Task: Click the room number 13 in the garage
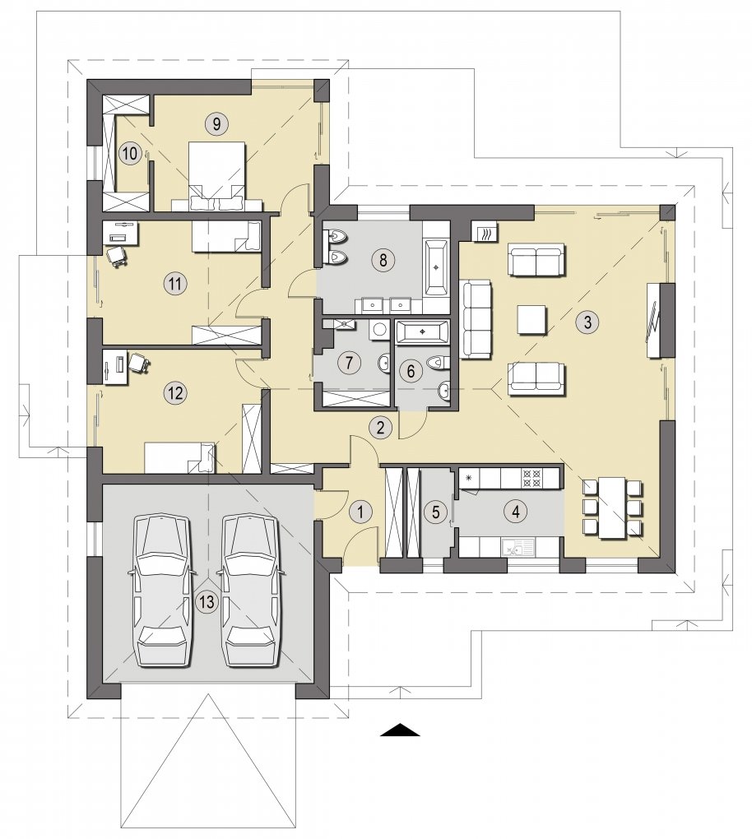207,601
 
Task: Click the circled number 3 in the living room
587,322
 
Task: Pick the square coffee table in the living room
532,321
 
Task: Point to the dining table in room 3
612,508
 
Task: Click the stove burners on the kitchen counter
533,477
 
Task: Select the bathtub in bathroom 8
437,267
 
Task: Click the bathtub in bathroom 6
422,331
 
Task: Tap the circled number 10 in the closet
129,154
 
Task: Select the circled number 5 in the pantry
436,512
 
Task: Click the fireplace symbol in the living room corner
485,233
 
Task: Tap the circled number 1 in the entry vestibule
360,512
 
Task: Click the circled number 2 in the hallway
381,427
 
